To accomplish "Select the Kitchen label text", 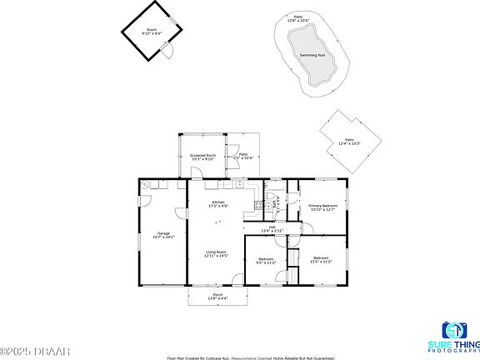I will click(217, 202).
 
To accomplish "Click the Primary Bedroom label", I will click(322, 206).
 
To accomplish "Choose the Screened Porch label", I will click(202, 155).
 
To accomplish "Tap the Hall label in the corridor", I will click(272, 227).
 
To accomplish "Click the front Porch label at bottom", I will click(217, 294).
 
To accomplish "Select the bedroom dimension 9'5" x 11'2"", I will click(266, 261).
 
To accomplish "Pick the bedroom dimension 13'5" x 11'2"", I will click(322, 261).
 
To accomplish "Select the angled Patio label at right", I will click(348, 141).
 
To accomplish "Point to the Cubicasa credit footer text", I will click(234, 357).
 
